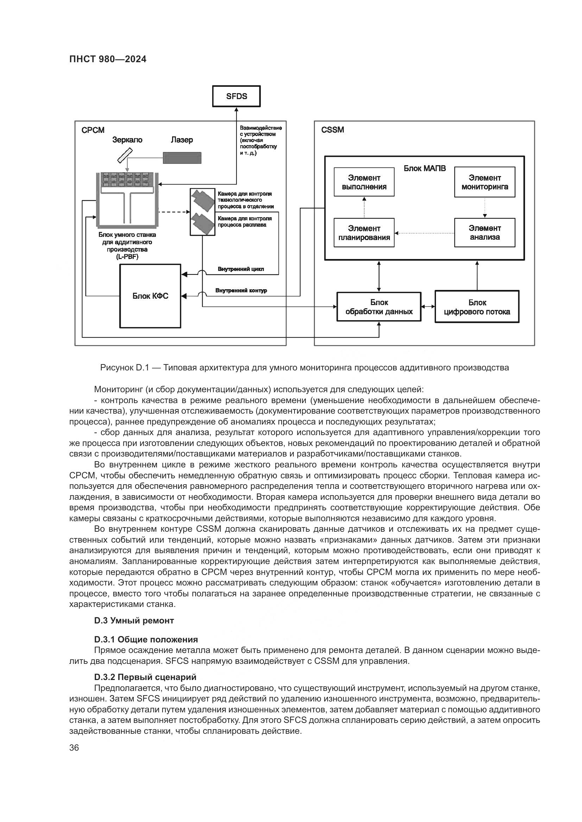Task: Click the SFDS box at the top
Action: point(236,96)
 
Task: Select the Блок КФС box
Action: point(150,296)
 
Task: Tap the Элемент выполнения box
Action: point(364,182)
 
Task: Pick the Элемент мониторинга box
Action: point(485,182)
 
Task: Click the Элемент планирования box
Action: point(364,233)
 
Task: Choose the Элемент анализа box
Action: point(485,233)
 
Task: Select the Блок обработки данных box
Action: point(379,307)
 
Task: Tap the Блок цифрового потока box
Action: point(477,307)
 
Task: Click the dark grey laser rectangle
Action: point(182,158)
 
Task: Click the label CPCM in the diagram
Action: point(93,130)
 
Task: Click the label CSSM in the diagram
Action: point(332,130)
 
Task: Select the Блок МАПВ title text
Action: point(425,168)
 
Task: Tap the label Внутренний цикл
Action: point(241,269)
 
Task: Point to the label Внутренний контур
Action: point(241,290)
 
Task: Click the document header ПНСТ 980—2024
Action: point(108,59)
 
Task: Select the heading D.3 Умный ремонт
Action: point(134,621)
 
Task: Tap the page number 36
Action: point(74,748)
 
